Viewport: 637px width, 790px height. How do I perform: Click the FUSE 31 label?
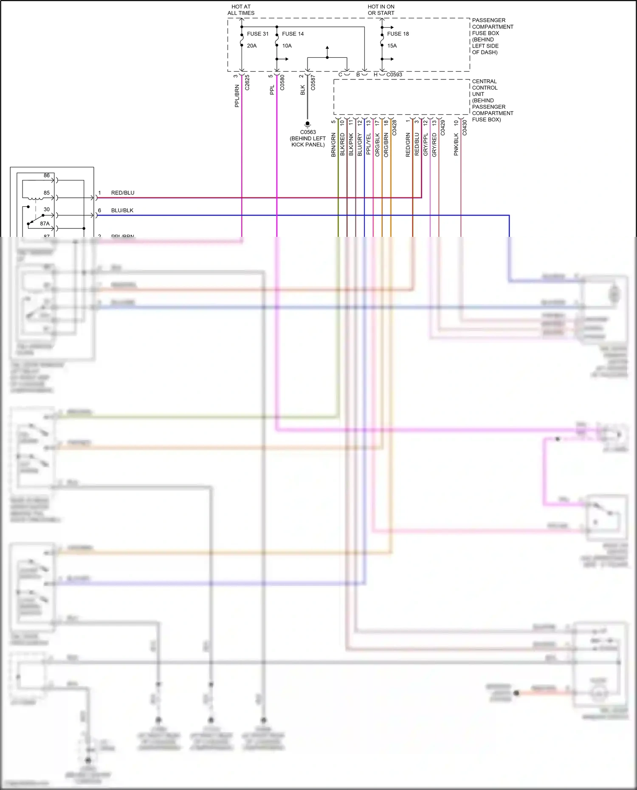click(x=257, y=34)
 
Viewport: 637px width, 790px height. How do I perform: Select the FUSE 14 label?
click(x=293, y=34)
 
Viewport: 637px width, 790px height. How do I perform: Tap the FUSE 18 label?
click(x=397, y=34)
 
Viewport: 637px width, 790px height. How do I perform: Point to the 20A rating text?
click(x=252, y=46)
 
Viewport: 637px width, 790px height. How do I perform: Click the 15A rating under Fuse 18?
click(x=392, y=46)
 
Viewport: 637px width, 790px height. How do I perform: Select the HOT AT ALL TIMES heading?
click(x=241, y=10)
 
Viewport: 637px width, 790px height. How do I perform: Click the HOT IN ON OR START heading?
click(x=381, y=10)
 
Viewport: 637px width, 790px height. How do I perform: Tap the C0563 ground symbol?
click(x=307, y=124)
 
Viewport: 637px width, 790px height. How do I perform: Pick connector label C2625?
click(x=248, y=82)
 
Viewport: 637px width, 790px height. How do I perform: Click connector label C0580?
click(x=282, y=82)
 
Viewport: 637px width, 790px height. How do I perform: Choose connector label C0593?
click(x=394, y=75)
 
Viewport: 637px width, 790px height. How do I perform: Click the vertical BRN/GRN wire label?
click(x=333, y=145)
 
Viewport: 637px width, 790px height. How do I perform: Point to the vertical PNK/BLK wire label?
click(x=456, y=145)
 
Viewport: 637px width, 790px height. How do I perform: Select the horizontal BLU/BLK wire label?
click(x=122, y=211)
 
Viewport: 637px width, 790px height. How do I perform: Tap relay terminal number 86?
click(x=47, y=175)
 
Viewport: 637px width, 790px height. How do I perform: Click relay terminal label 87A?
click(x=45, y=224)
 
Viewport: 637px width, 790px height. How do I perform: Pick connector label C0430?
click(x=465, y=127)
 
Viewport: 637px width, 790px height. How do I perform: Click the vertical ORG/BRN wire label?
click(x=386, y=145)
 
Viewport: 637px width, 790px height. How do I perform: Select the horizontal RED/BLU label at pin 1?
click(x=123, y=193)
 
